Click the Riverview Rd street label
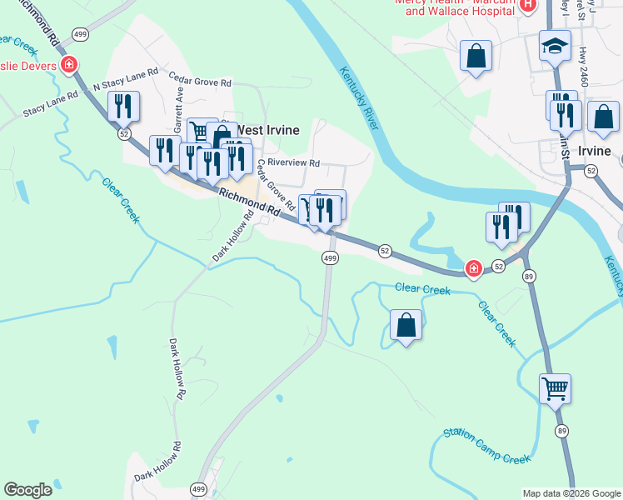coord(293,164)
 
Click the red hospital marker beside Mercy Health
coord(526,7)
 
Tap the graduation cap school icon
coord(555,45)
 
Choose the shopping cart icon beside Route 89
coord(555,387)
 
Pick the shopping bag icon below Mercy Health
coord(476,57)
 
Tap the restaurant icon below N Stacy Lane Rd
coord(123,106)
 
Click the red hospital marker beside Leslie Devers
coord(69,65)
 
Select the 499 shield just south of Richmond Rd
coord(330,259)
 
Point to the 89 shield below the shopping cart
coord(562,431)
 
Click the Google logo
coord(27,490)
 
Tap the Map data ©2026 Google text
coord(571,493)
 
